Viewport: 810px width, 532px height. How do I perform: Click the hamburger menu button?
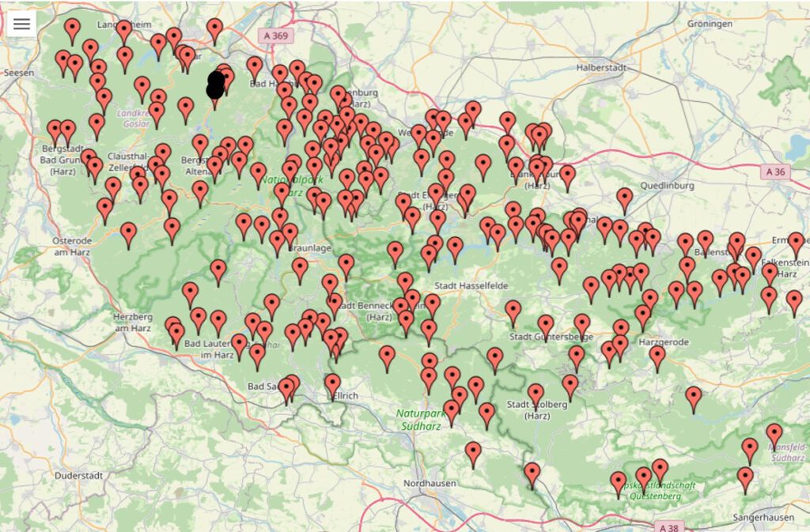click(x=21, y=24)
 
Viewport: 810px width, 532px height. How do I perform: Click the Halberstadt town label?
click(x=602, y=67)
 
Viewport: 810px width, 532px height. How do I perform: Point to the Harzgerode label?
click(x=664, y=342)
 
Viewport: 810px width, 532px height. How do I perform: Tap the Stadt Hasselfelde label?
click(x=471, y=285)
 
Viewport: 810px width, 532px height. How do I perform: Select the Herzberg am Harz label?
click(x=132, y=322)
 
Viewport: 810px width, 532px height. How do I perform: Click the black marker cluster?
click(x=216, y=85)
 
